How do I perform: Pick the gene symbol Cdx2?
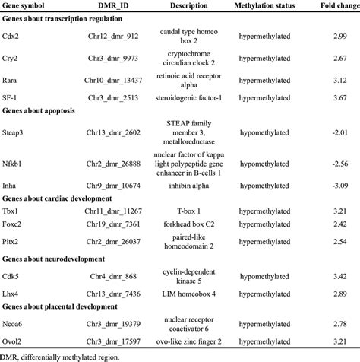(x=14, y=37)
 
